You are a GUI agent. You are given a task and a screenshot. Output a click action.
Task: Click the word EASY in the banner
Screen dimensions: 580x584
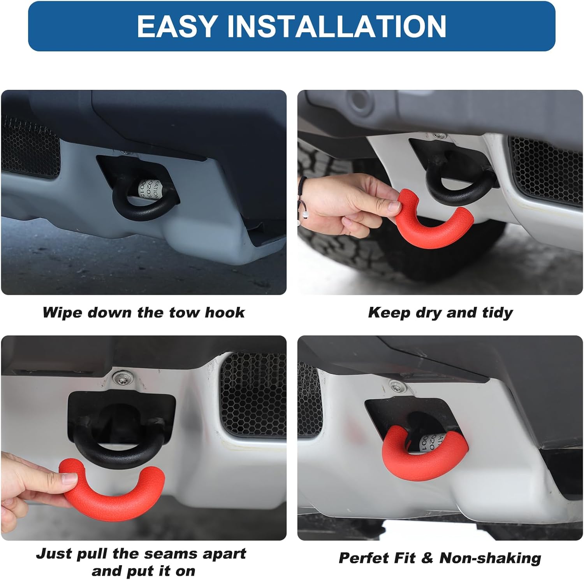pos(177,26)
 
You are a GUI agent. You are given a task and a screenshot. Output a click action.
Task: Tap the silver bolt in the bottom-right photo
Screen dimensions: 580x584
pos(396,386)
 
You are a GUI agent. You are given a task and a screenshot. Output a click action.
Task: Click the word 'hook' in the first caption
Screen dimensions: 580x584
pos(225,312)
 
